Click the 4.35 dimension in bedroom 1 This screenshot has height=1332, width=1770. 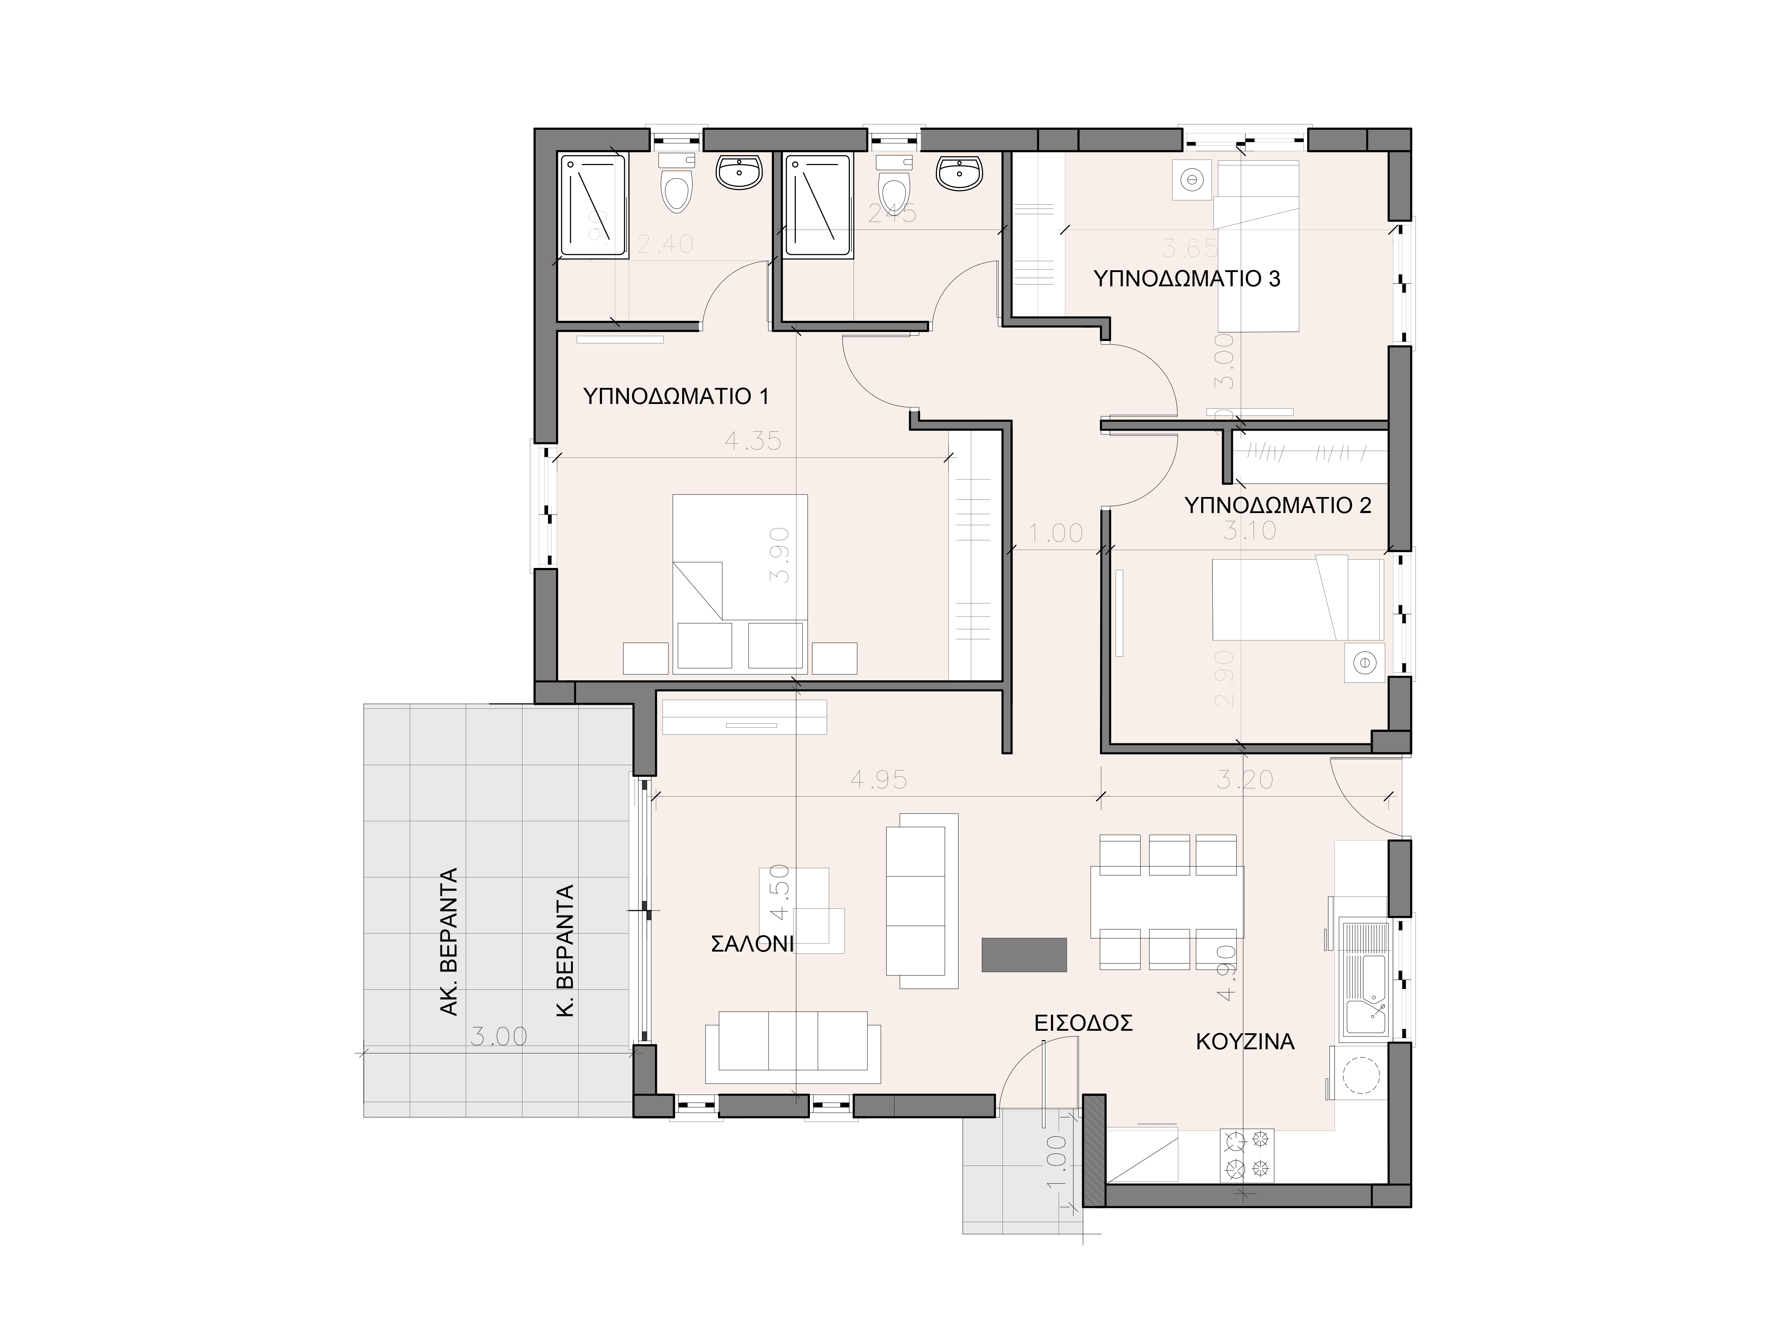click(x=752, y=441)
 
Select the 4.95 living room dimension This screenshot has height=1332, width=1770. click(x=879, y=780)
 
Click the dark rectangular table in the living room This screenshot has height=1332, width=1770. click(x=1024, y=954)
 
